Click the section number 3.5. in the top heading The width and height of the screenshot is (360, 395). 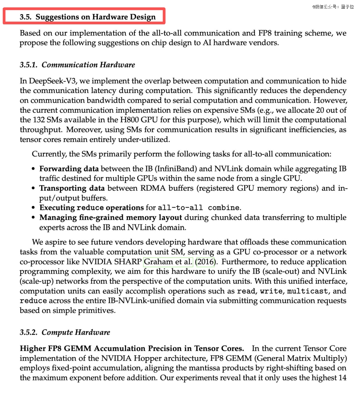click(26, 17)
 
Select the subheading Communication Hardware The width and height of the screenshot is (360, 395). click(88, 65)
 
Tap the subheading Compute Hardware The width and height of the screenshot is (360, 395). click(76, 332)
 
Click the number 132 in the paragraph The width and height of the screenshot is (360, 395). click(39, 120)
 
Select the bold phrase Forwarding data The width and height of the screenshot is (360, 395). click(69, 169)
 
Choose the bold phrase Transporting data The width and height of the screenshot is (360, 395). click(72, 188)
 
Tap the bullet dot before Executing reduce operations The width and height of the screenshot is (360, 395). click(33, 208)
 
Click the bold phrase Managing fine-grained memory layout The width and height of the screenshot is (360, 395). click(111, 218)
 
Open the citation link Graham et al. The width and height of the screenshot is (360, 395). click(168, 262)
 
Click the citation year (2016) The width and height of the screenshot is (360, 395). click(206, 262)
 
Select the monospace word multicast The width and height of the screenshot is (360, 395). click(307, 291)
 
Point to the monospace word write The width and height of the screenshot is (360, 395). click(271, 291)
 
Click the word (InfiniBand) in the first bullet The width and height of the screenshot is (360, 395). click(176, 169)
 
